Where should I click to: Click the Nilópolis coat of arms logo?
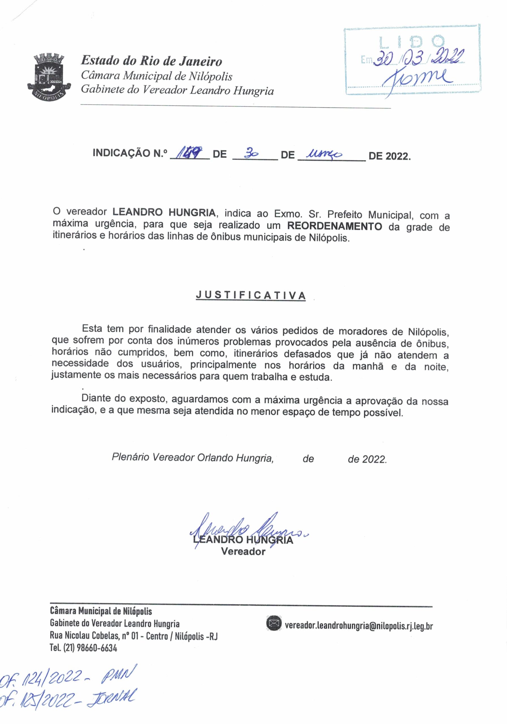click(x=49, y=77)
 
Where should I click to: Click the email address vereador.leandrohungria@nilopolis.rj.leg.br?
click(x=359, y=625)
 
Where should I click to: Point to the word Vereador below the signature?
click(x=243, y=552)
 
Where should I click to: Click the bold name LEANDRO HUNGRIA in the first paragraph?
click(x=164, y=212)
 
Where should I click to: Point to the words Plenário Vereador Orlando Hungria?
click(x=192, y=458)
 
